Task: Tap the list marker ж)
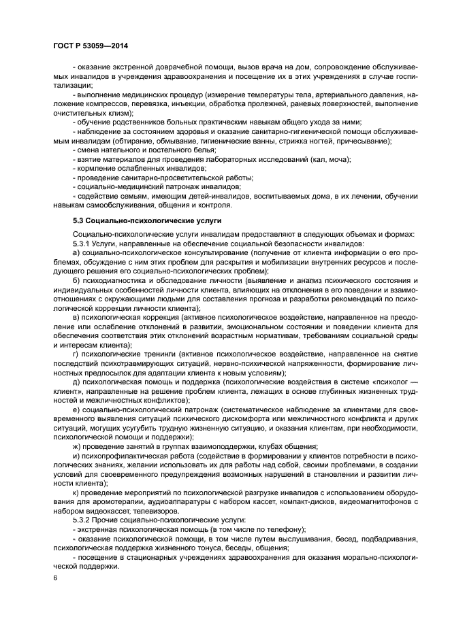(x=76, y=446)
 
